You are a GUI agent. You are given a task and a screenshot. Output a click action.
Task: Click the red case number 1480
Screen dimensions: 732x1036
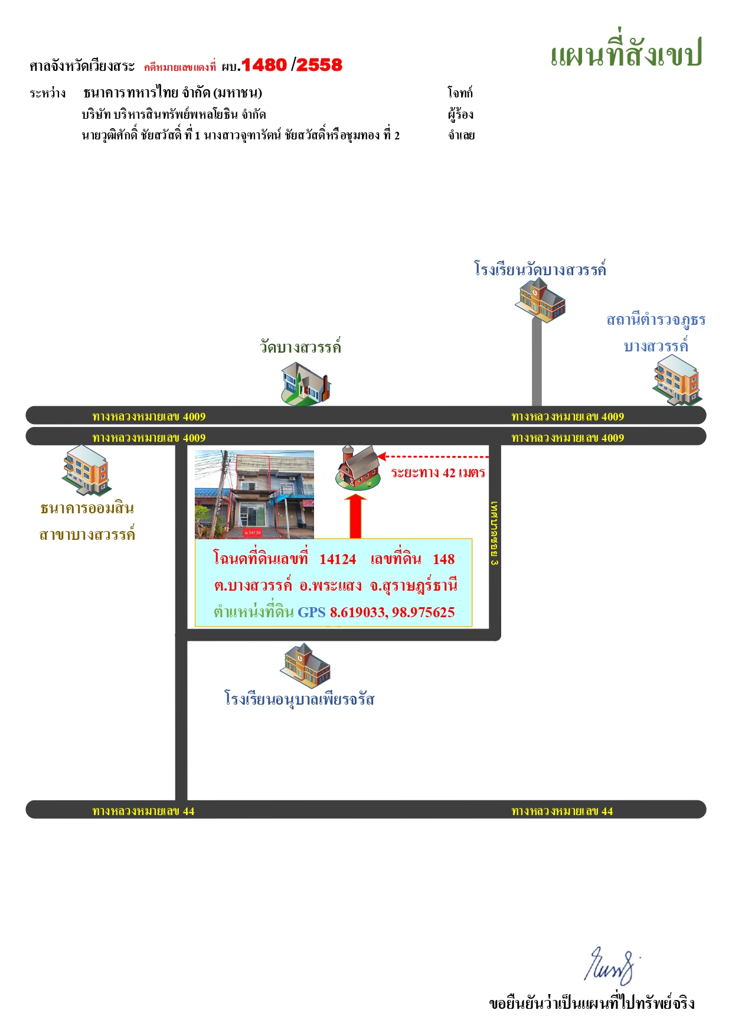pyautogui.click(x=264, y=65)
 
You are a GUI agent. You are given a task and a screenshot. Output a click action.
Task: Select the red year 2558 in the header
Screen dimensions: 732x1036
pyautogui.click(x=319, y=65)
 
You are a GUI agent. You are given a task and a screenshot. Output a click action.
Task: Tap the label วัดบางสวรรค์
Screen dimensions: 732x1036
pyautogui.click(x=300, y=347)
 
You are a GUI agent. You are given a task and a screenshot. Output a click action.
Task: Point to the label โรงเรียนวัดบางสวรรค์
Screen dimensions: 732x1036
pyautogui.click(x=540, y=269)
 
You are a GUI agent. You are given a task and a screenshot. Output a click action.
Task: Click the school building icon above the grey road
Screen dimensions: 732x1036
pyautogui.click(x=540, y=300)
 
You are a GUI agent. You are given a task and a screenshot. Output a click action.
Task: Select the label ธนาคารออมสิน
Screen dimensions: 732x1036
pyautogui.click(x=87, y=508)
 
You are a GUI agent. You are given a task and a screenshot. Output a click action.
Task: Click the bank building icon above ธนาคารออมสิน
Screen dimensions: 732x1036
pyautogui.click(x=86, y=470)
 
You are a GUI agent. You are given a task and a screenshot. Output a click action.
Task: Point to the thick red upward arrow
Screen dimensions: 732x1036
pyautogui.click(x=355, y=516)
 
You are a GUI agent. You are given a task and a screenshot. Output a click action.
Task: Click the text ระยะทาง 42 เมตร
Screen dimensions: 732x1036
pyautogui.click(x=438, y=473)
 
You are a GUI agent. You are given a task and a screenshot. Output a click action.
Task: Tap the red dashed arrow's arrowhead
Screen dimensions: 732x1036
pyautogui.click(x=382, y=457)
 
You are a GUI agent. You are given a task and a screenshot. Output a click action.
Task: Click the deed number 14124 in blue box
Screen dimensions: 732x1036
pyautogui.click(x=338, y=559)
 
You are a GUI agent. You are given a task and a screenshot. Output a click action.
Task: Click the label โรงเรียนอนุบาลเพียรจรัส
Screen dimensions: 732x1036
pyautogui.click(x=299, y=699)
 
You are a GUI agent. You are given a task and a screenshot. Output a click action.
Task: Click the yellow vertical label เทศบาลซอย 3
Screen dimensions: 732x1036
pyautogui.click(x=495, y=533)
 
